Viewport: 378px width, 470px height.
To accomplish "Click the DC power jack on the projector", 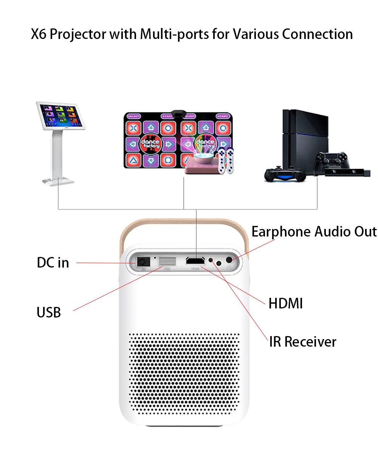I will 143,262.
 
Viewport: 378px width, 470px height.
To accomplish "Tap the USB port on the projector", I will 167,261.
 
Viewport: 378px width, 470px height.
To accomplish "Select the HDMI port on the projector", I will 195,261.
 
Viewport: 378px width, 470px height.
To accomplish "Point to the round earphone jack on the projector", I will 229,260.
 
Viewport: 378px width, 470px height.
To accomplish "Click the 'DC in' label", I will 53,263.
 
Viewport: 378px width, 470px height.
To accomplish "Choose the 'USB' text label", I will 49,313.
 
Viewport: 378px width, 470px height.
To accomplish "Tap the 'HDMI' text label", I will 285,303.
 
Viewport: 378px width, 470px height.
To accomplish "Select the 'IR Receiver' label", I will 302,342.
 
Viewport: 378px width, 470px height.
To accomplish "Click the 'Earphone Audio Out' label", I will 314,232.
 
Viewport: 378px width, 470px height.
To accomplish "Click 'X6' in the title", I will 39,34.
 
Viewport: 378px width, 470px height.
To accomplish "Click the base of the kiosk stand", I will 58,181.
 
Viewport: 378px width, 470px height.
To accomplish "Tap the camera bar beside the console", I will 347,172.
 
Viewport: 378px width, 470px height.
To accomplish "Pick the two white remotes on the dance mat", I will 226,161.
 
